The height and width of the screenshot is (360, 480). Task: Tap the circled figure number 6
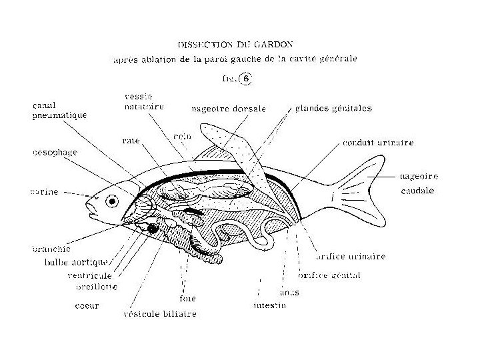(x=246, y=78)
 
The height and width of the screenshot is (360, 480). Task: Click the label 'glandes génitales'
(x=333, y=107)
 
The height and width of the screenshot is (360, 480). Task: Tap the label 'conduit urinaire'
(x=378, y=143)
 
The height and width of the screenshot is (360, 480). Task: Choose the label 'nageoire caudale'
(x=419, y=183)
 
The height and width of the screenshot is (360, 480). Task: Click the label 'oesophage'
(x=55, y=152)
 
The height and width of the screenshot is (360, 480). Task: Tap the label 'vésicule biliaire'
(x=159, y=313)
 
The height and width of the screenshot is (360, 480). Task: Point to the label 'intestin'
(x=269, y=305)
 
